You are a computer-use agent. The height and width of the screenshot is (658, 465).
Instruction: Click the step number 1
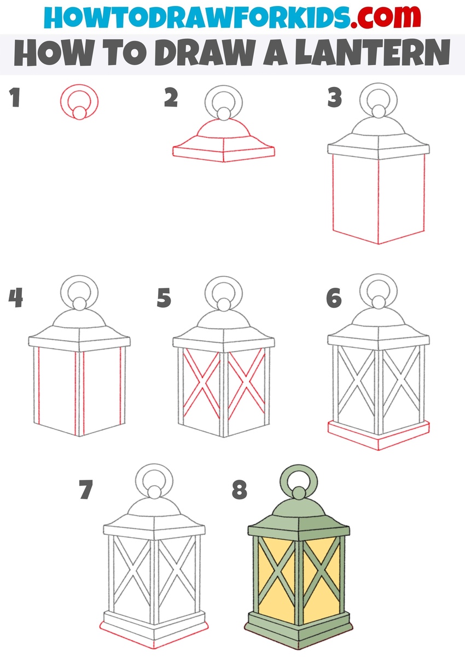[14, 97]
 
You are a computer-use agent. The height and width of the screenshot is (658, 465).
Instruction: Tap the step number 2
[171, 97]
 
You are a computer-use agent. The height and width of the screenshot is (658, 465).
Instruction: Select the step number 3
[335, 97]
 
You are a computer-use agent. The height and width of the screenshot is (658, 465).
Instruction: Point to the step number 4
[15, 298]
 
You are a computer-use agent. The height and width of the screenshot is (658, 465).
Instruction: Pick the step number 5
[164, 298]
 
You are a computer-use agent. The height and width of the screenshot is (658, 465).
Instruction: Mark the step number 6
[334, 298]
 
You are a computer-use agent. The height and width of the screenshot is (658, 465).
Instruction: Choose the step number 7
[86, 490]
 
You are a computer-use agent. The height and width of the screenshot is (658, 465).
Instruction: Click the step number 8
[240, 490]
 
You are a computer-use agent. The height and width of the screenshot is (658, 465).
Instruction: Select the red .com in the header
[385, 17]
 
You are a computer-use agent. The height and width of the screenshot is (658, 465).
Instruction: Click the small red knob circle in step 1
[79, 113]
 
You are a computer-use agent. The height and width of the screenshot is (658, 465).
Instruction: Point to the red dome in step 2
[224, 129]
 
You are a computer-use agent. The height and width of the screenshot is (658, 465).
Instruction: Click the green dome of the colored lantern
[299, 511]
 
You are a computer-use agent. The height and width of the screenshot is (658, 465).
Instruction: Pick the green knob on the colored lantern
[299, 493]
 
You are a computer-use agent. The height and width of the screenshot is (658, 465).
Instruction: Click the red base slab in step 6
[379, 436]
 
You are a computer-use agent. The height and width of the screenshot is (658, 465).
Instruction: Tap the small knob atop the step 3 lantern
[379, 112]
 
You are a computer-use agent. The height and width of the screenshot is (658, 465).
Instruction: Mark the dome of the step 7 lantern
[154, 509]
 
